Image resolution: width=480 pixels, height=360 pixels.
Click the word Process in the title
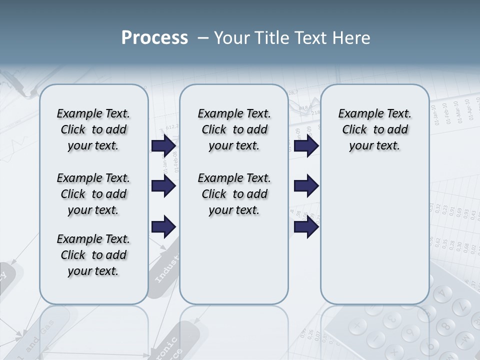point(154,38)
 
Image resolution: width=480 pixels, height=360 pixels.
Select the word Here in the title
point(350,38)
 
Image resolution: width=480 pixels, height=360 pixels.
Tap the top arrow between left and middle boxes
point(163,146)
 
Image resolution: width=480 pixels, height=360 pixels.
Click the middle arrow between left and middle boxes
point(163,186)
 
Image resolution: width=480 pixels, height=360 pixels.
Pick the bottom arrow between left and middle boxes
point(163,226)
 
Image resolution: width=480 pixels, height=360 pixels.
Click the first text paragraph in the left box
point(93,129)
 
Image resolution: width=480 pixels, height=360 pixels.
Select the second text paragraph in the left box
point(93,194)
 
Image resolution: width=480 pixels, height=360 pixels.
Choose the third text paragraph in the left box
point(93,255)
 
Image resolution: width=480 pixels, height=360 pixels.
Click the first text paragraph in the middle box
point(234,129)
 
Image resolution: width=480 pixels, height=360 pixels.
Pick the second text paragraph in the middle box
point(234,194)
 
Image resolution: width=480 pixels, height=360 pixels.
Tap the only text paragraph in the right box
point(374,129)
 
